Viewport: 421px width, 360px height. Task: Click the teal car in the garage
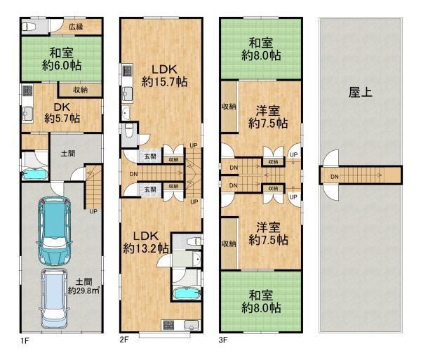click(55, 231)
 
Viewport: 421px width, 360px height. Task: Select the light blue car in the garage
click(54, 299)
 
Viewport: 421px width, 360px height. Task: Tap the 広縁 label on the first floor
click(76, 26)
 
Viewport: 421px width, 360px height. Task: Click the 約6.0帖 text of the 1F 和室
click(62, 65)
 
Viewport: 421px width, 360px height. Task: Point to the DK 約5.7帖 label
click(62, 113)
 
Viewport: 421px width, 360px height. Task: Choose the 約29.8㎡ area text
click(83, 291)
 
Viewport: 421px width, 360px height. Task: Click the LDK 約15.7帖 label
click(164, 76)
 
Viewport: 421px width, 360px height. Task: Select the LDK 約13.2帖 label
click(146, 242)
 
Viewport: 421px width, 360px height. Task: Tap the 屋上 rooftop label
click(361, 93)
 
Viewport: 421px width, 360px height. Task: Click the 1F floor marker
click(25, 341)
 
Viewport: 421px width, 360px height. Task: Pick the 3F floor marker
click(223, 340)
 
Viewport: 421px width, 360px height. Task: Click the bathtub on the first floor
click(35, 175)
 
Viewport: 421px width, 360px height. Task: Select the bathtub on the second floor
click(187, 293)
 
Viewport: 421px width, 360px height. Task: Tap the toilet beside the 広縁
click(29, 27)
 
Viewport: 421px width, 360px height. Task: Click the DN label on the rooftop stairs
click(335, 177)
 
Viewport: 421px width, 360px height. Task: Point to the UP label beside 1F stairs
click(93, 211)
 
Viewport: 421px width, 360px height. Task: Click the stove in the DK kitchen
click(27, 91)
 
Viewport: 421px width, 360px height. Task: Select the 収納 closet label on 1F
click(81, 90)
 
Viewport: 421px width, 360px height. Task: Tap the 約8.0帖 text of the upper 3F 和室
click(261, 55)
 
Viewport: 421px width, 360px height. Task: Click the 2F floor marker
click(123, 340)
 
